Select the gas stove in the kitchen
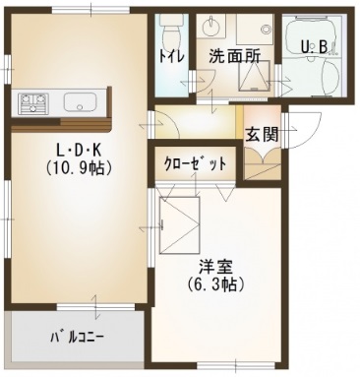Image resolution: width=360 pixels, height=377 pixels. [x=32, y=101]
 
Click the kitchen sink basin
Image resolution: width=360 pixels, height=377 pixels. [x=78, y=101]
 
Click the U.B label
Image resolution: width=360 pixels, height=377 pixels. [x=315, y=44]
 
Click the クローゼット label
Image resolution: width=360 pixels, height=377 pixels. [x=196, y=162]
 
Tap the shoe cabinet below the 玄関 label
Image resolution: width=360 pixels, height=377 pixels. [x=261, y=163]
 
